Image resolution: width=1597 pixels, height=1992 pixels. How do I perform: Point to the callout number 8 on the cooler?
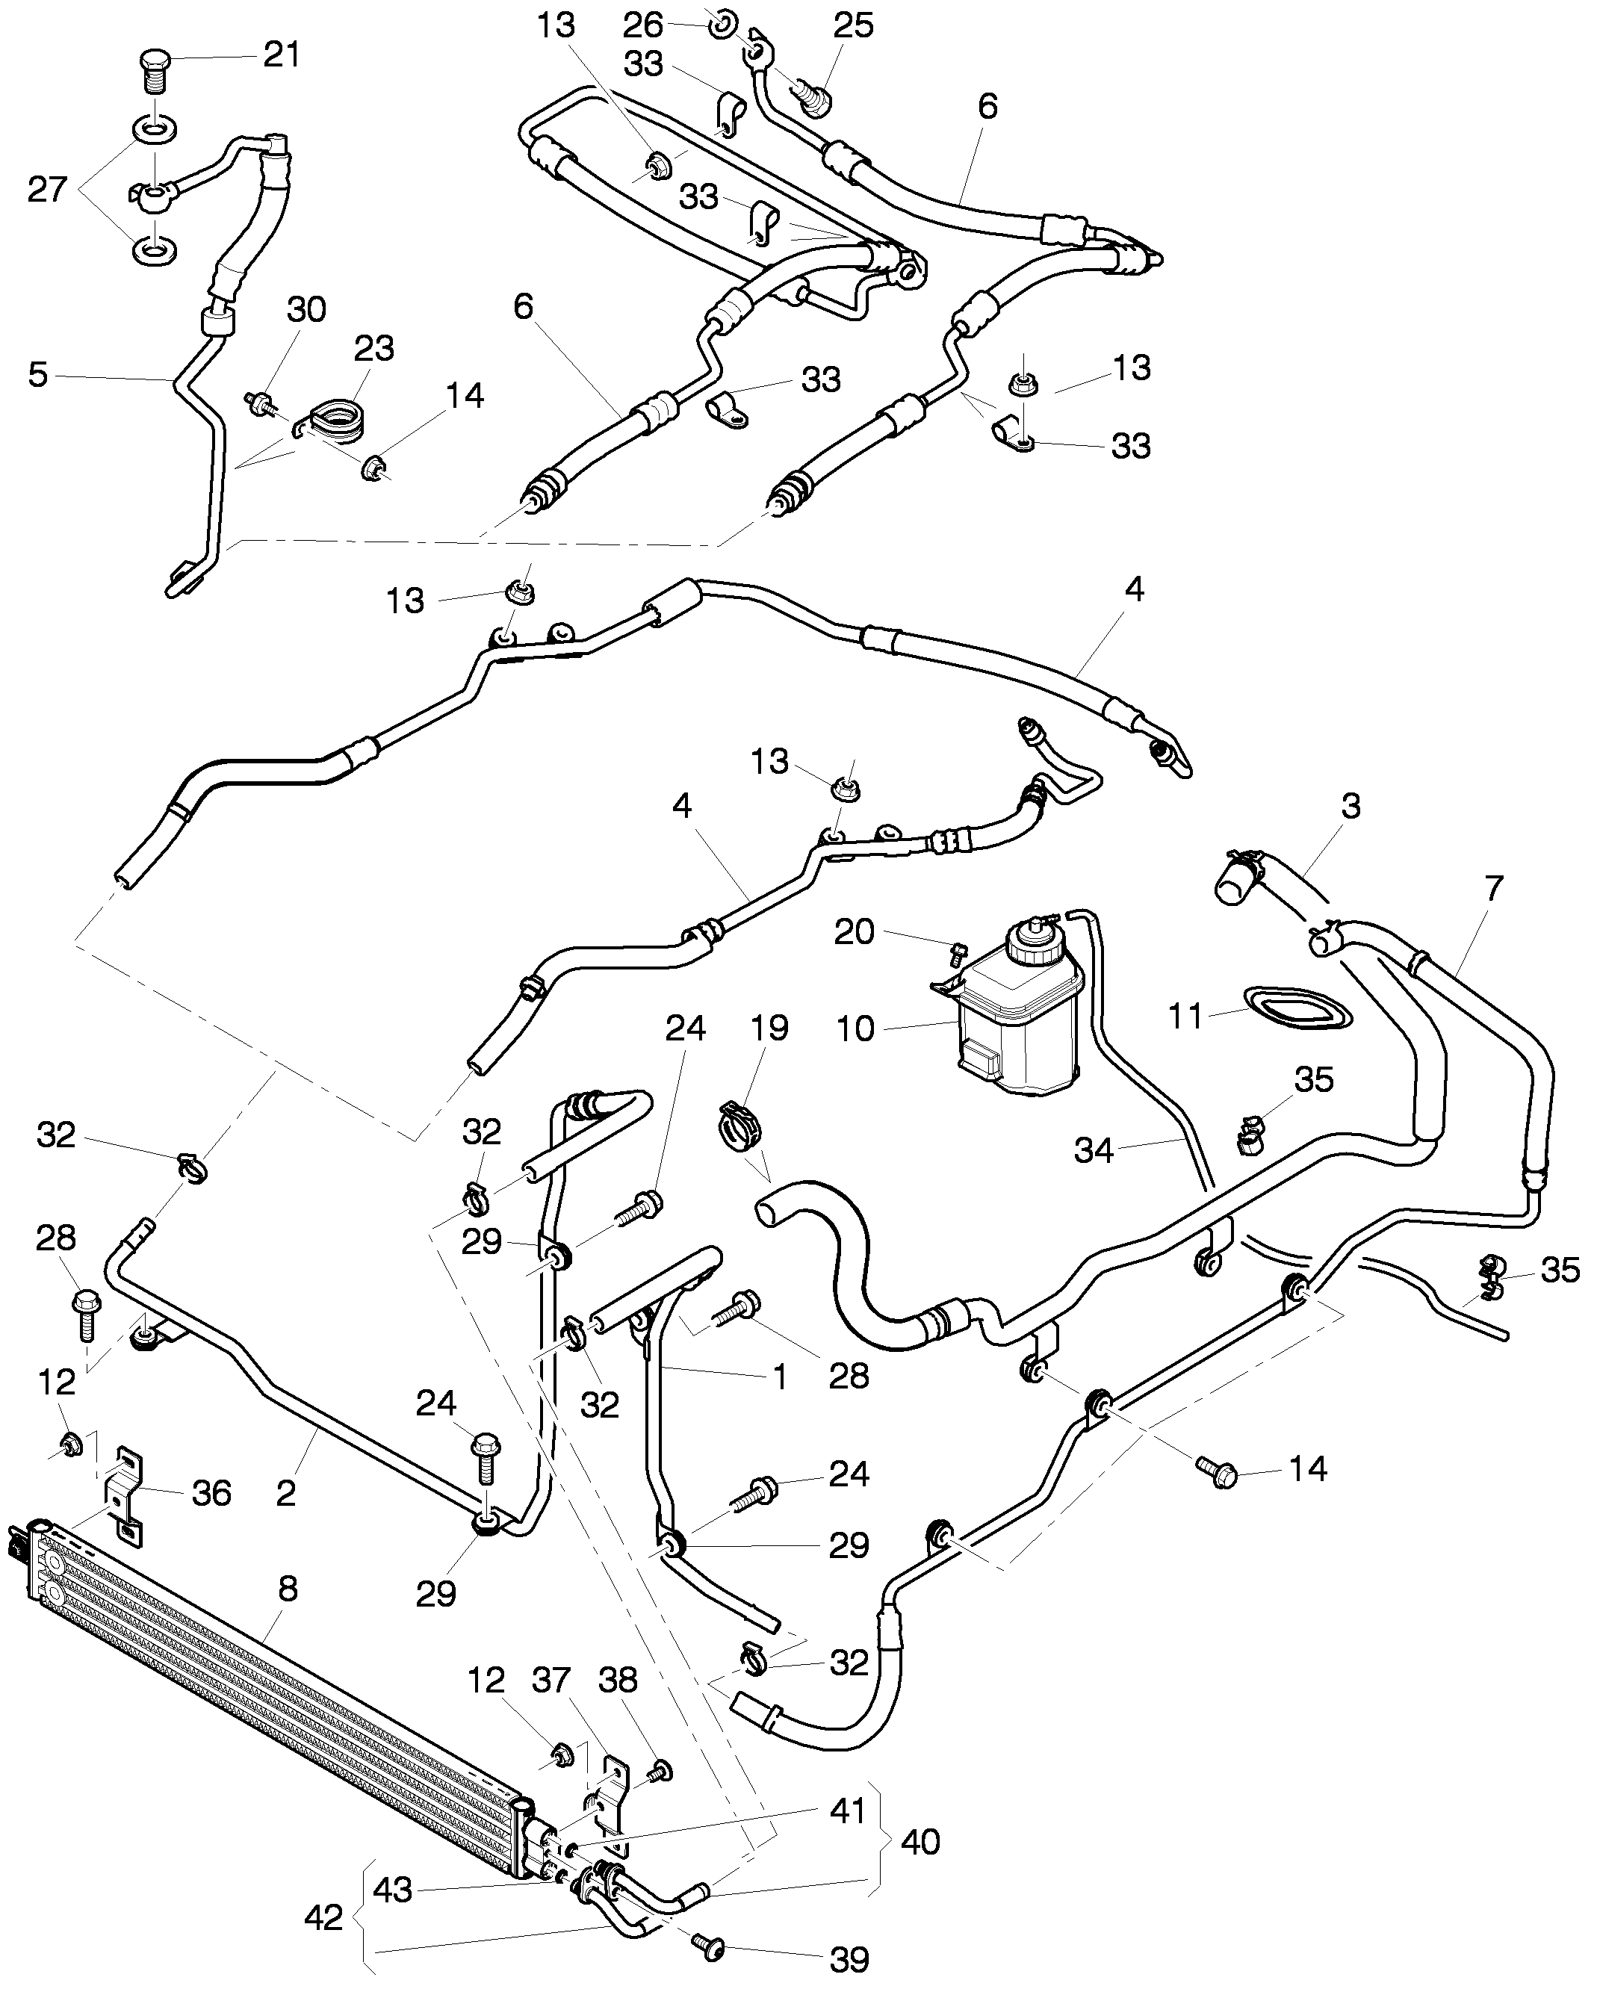coord(288,1586)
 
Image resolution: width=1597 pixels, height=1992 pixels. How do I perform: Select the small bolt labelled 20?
coord(958,951)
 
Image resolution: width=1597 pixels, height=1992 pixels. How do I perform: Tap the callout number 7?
coord(1493,888)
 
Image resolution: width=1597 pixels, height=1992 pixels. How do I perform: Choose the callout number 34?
coord(1094,1150)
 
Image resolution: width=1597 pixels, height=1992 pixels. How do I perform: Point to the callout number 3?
coord(1351,806)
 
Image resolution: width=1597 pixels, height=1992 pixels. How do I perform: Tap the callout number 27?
coord(47,190)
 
